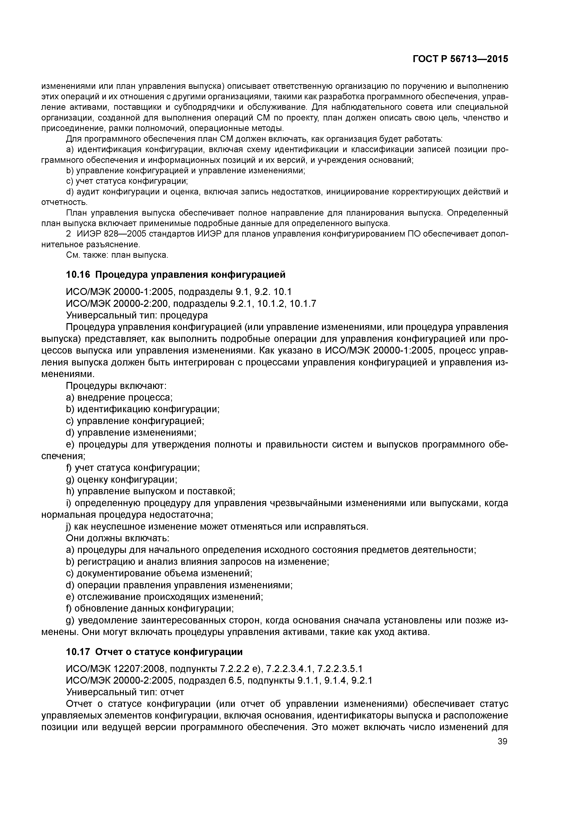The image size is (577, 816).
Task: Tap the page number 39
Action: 502,741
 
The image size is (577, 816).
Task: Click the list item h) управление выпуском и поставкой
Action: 151,491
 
